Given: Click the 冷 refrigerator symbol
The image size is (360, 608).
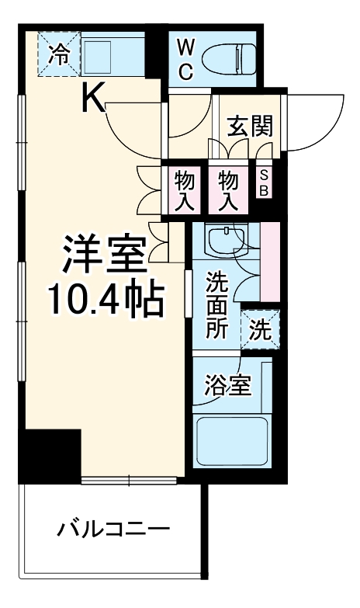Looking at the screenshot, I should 58,54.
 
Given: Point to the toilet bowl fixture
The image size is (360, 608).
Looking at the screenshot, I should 229,57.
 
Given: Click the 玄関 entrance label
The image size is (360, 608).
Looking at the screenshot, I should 250,126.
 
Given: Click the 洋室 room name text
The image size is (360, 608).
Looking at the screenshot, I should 105,253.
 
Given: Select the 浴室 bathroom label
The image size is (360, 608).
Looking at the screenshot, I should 227,387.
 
